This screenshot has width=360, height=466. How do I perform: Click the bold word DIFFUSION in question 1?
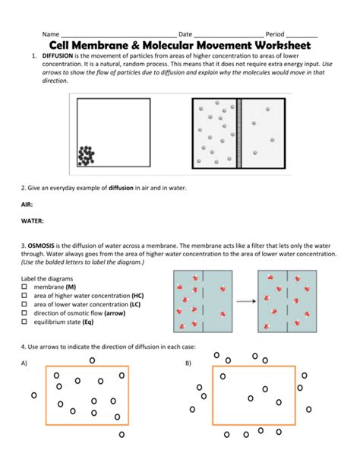58,55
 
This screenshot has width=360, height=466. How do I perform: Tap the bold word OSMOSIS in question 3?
41,246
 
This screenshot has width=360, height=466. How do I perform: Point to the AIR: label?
27,204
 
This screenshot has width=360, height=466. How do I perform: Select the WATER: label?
33,220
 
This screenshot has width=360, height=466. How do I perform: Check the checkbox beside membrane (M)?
24,287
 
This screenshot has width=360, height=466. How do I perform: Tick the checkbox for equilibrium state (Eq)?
24,322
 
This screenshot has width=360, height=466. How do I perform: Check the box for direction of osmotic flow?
24,313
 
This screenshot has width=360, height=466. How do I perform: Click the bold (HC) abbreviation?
137,296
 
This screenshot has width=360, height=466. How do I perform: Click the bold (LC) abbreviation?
135,304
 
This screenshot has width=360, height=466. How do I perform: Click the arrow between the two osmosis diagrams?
246,301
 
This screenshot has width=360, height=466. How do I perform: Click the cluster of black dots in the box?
86,156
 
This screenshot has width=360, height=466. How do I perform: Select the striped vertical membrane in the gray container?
239,134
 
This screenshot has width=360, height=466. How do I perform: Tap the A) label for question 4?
24,363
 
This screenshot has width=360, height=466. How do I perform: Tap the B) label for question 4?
188,363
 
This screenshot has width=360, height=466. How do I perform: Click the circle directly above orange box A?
93,360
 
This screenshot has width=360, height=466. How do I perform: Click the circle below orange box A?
122,435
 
